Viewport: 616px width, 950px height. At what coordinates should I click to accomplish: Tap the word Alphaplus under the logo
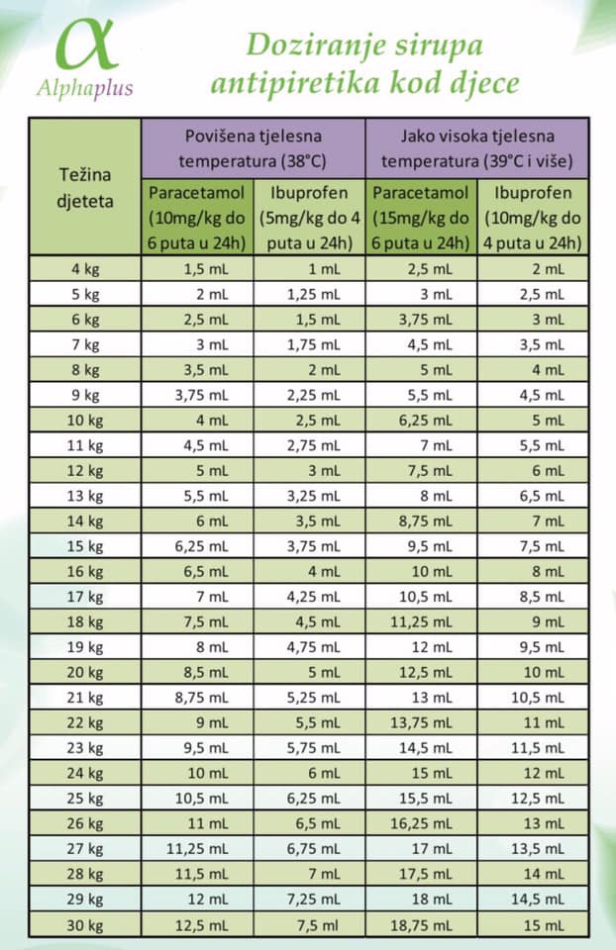(x=85, y=88)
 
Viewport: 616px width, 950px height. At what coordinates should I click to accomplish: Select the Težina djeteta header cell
(x=85, y=187)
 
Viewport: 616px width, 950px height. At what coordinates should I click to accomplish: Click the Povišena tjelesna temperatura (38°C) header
(x=253, y=148)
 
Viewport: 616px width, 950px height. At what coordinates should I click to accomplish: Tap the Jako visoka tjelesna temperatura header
(x=477, y=148)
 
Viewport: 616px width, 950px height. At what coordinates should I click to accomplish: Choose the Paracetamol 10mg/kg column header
(x=197, y=218)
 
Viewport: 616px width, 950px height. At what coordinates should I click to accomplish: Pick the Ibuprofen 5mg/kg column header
(x=309, y=218)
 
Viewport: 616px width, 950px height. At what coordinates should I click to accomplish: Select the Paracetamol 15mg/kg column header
(x=421, y=218)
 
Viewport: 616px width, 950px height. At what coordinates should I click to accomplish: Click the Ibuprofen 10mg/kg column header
(x=533, y=218)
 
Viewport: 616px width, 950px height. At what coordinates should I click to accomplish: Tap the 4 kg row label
(x=85, y=269)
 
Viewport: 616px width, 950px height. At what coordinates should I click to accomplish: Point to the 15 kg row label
(x=85, y=546)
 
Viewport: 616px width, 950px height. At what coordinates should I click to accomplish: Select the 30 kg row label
(x=85, y=926)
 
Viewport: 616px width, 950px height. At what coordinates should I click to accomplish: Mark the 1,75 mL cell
(x=314, y=344)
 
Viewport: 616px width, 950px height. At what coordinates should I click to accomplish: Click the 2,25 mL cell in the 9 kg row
(x=314, y=395)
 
